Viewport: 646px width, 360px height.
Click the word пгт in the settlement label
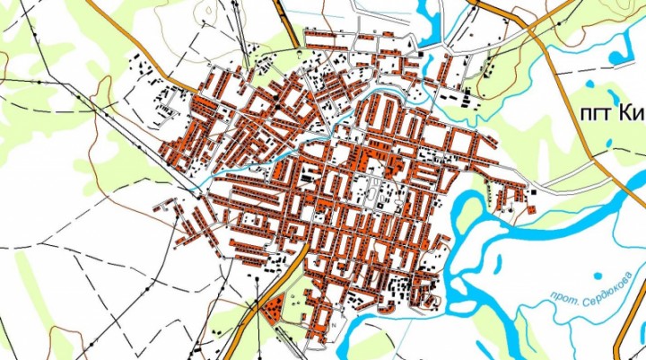[x=586, y=113]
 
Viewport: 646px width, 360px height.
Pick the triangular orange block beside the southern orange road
[x=277, y=305]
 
